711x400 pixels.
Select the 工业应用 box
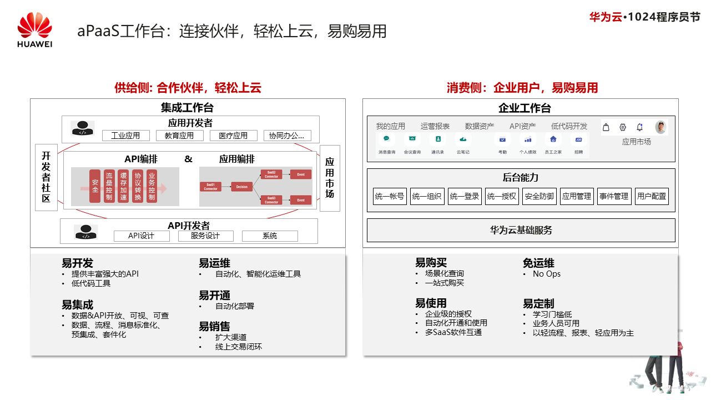click(x=125, y=136)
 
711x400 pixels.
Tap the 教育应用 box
click(x=179, y=136)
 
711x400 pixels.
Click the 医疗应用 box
click(x=233, y=136)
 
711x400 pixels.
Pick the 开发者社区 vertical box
click(x=46, y=178)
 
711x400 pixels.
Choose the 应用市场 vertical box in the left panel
click(x=330, y=178)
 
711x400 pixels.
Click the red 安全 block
click(x=95, y=186)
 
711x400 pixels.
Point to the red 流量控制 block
click(x=109, y=186)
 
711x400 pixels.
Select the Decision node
click(x=242, y=187)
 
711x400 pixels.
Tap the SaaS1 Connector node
click(x=211, y=187)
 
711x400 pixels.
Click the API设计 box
click(x=141, y=236)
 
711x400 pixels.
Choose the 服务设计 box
click(x=205, y=236)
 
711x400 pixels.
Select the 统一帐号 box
click(x=390, y=196)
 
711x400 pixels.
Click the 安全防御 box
click(x=539, y=196)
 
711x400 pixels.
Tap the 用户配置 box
click(x=652, y=196)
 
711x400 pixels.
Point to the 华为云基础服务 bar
click(x=521, y=230)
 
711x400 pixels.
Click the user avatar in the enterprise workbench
click(x=660, y=127)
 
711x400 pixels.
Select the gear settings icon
click(x=623, y=127)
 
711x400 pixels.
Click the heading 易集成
click(x=77, y=304)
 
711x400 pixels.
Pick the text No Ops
click(x=547, y=274)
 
